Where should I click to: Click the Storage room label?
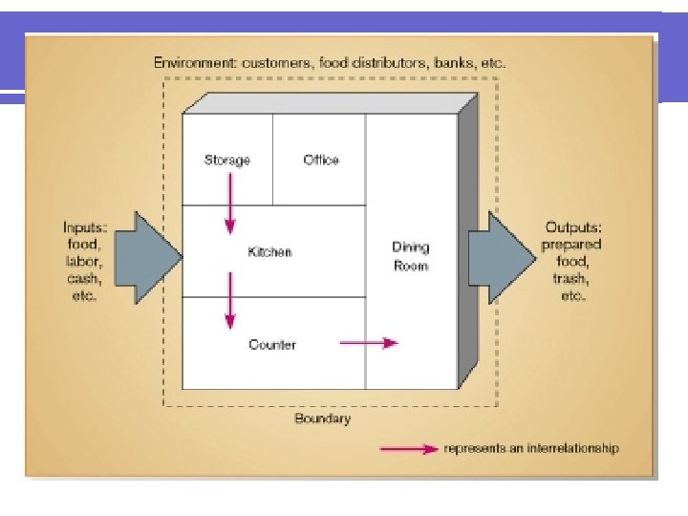click(227, 160)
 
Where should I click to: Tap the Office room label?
click(321, 160)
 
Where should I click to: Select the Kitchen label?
click(269, 252)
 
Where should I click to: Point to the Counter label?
click(272, 344)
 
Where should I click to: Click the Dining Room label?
click(411, 256)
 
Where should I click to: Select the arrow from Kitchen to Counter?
click(229, 298)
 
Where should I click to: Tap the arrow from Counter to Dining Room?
click(369, 343)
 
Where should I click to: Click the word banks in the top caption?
click(452, 63)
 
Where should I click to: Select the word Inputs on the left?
click(84, 227)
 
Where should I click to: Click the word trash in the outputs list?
click(571, 280)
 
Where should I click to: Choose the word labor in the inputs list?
click(84, 262)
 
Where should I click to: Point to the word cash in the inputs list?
click(84, 279)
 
